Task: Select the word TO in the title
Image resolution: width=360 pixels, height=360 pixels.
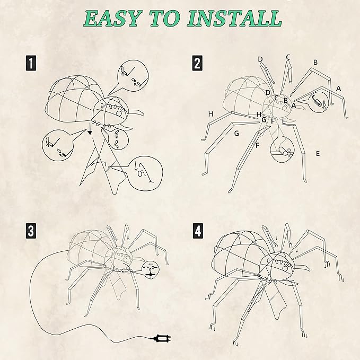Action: [x=166, y=18]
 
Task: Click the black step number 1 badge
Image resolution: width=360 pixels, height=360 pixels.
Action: [x=32, y=64]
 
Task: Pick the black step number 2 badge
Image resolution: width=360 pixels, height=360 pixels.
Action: [x=197, y=64]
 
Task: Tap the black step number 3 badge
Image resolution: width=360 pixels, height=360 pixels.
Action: [x=32, y=231]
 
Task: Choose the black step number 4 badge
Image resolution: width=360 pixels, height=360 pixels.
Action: [x=197, y=231]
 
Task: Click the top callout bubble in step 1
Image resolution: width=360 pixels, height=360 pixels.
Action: [x=130, y=77]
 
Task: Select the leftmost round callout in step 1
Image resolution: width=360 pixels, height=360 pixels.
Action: [x=56, y=144]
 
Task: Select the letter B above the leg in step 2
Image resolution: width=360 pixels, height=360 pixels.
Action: [x=315, y=62]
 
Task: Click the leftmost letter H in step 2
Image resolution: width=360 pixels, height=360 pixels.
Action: [x=210, y=114]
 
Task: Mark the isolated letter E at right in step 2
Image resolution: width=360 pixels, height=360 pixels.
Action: [x=318, y=153]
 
